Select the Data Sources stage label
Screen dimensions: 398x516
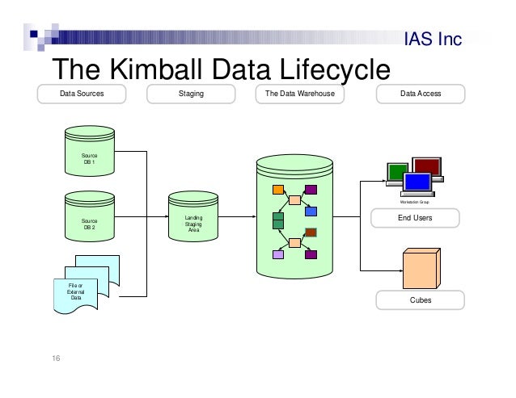click(x=82, y=94)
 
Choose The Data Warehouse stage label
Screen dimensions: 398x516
click(x=299, y=94)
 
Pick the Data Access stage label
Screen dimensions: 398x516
click(x=421, y=94)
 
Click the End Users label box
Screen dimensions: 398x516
click(x=416, y=218)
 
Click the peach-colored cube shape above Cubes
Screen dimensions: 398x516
click(x=420, y=267)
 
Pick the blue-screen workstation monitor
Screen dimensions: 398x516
click(x=418, y=182)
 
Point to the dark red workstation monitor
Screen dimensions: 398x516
click(x=427, y=167)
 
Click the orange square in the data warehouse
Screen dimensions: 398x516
click(x=278, y=191)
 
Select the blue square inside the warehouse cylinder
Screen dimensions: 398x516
click(x=311, y=212)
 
